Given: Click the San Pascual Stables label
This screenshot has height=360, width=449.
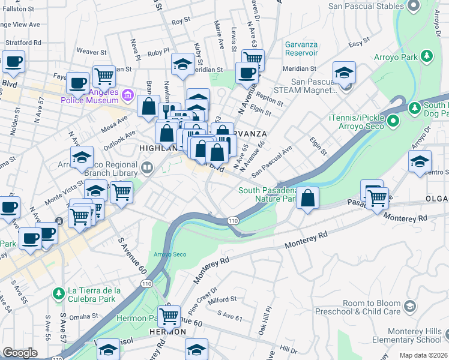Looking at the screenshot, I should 366,6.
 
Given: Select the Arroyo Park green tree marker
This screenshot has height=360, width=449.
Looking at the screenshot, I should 426,56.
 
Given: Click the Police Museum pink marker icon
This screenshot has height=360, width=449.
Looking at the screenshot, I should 127,95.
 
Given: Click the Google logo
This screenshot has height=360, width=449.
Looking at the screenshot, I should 20,353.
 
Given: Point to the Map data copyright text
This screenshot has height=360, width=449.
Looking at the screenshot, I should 423,355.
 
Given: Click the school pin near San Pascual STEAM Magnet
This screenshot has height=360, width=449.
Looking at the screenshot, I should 344,73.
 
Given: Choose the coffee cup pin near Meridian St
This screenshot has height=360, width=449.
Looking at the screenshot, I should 246,73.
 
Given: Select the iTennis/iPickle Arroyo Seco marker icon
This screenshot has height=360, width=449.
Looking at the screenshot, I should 393,122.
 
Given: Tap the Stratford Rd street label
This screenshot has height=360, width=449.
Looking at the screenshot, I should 23,43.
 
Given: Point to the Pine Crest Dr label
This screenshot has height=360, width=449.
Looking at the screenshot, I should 198,296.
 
